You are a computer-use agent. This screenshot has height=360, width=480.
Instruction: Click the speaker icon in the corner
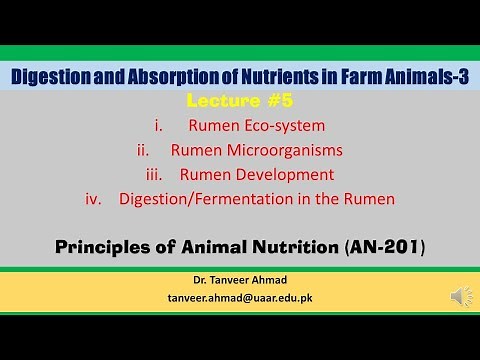(x=461, y=296)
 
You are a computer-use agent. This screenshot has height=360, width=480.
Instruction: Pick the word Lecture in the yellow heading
(x=221, y=103)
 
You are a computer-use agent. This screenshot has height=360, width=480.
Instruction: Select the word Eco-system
(x=284, y=126)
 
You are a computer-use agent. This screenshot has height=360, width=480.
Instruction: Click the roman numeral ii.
(x=143, y=150)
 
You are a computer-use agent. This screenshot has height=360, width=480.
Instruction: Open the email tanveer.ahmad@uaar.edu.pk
(x=239, y=298)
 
